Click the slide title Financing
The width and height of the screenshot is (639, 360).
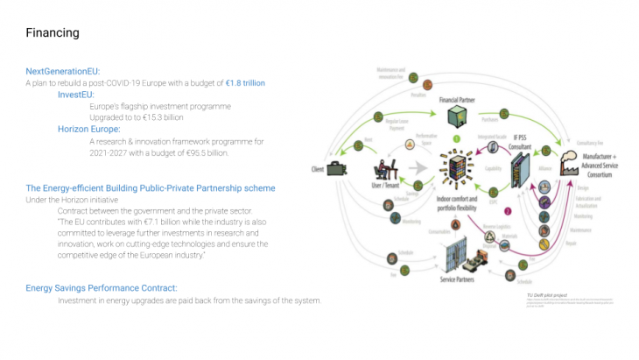pos(53,33)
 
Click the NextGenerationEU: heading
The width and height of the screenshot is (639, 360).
pos(63,71)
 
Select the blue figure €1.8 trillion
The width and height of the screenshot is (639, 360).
pos(245,82)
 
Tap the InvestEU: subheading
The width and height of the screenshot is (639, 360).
pos(76,94)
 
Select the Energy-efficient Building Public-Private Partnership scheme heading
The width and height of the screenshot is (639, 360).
pos(151,188)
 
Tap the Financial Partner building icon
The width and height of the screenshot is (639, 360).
pos(456,116)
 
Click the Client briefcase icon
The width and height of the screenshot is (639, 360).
pos(334,170)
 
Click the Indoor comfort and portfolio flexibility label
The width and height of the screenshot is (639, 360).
pos(455,204)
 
